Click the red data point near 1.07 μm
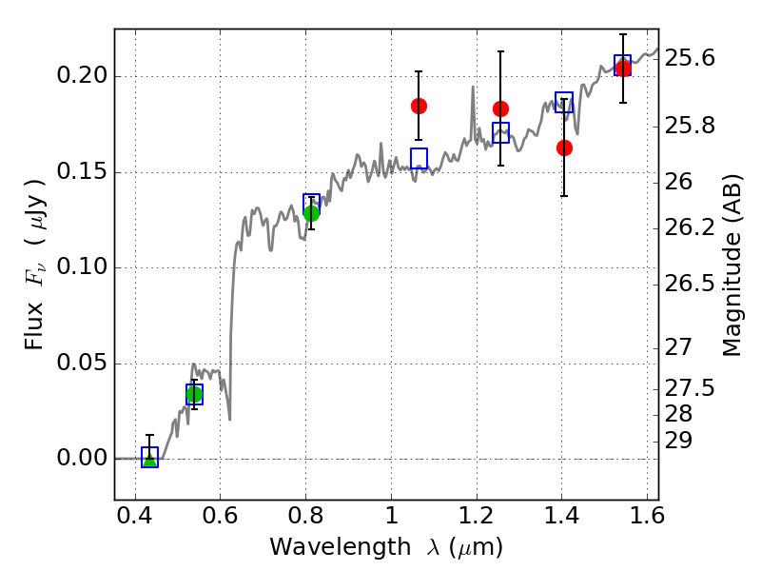[x=419, y=106]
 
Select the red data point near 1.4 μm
[x=564, y=148]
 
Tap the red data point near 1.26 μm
[x=500, y=108]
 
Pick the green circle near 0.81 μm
[x=311, y=212]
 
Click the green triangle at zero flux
[x=149, y=460]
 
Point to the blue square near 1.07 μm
[x=419, y=158]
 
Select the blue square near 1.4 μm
[x=564, y=103]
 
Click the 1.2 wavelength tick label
[x=476, y=519]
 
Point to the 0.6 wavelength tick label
[x=220, y=519]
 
